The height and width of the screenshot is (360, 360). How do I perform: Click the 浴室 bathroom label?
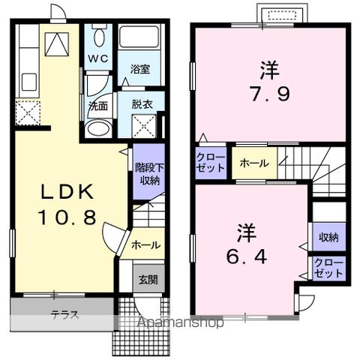pyautogui.click(x=140, y=69)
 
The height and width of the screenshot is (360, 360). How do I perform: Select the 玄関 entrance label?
pyautogui.click(x=147, y=280)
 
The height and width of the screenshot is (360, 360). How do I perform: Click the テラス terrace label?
pyautogui.click(x=65, y=314)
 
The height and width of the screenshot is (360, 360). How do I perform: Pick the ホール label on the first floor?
pyautogui.click(x=145, y=244)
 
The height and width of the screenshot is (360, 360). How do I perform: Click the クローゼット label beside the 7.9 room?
pyautogui.click(x=211, y=163)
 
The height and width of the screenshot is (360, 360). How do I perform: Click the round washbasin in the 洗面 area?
pyautogui.click(x=97, y=129)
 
